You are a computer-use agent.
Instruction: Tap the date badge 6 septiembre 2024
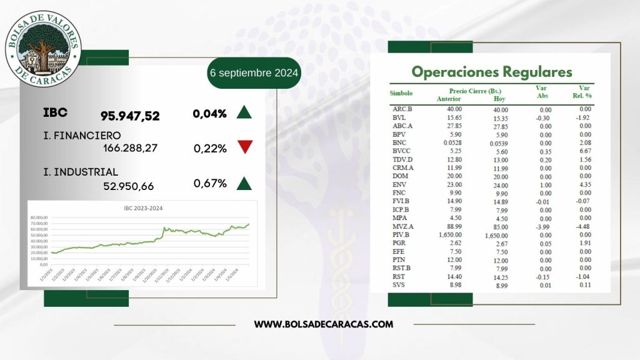tap(254, 73)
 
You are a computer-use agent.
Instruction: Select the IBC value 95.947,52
tap(130, 116)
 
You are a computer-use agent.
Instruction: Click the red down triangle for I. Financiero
tap(244, 147)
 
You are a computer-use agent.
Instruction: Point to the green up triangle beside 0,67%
tap(244, 183)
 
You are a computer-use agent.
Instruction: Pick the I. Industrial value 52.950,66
tap(128, 186)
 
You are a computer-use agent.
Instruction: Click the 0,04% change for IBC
tap(209, 114)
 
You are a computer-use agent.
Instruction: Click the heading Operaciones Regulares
tap(491, 72)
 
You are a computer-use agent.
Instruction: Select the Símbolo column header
tap(401, 93)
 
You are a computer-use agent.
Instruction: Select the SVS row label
tap(399, 285)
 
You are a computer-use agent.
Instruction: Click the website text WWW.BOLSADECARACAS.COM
tap(323, 324)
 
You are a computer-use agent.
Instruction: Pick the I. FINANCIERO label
tap(82, 134)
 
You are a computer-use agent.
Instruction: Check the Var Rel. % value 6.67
tap(585, 151)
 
